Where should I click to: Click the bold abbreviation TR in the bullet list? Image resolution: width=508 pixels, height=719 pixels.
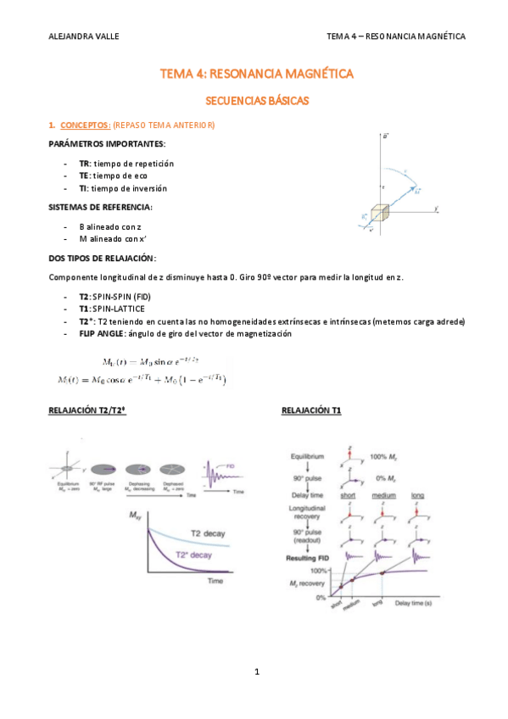point(84,163)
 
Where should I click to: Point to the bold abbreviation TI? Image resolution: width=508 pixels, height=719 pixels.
point(83,188)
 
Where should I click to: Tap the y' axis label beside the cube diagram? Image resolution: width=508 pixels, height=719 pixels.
point(435,208)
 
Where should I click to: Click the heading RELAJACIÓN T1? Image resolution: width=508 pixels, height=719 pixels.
point(312,410)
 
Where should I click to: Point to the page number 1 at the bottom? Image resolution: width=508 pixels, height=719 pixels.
point(255,672)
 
